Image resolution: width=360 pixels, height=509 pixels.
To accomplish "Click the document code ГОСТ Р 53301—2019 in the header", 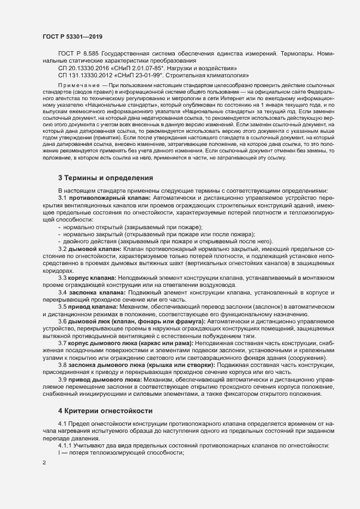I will [x=72, y=36].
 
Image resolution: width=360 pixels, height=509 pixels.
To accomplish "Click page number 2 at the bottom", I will [x=44, y=463].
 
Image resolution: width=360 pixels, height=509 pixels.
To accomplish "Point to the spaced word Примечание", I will [x=78, y=85].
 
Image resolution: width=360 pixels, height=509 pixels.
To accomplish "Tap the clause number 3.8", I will [x=63, y=365].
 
